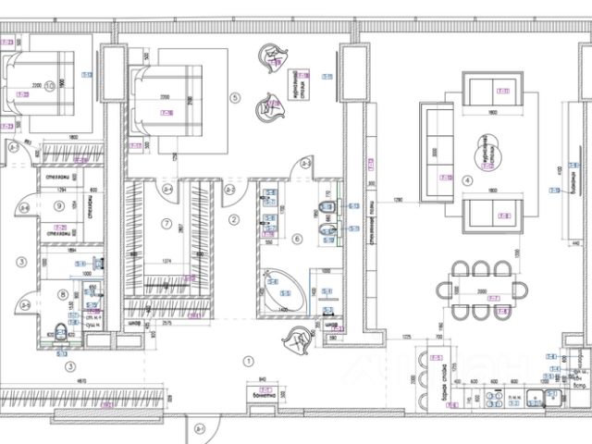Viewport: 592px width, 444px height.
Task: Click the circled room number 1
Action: click(246, 360)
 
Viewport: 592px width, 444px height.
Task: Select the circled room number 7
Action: click(166, 224)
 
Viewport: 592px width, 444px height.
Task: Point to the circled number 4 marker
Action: click(466, 179)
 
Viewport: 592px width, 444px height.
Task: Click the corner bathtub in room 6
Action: click(281, 290)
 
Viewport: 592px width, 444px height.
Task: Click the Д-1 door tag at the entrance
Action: click(200, 428)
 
